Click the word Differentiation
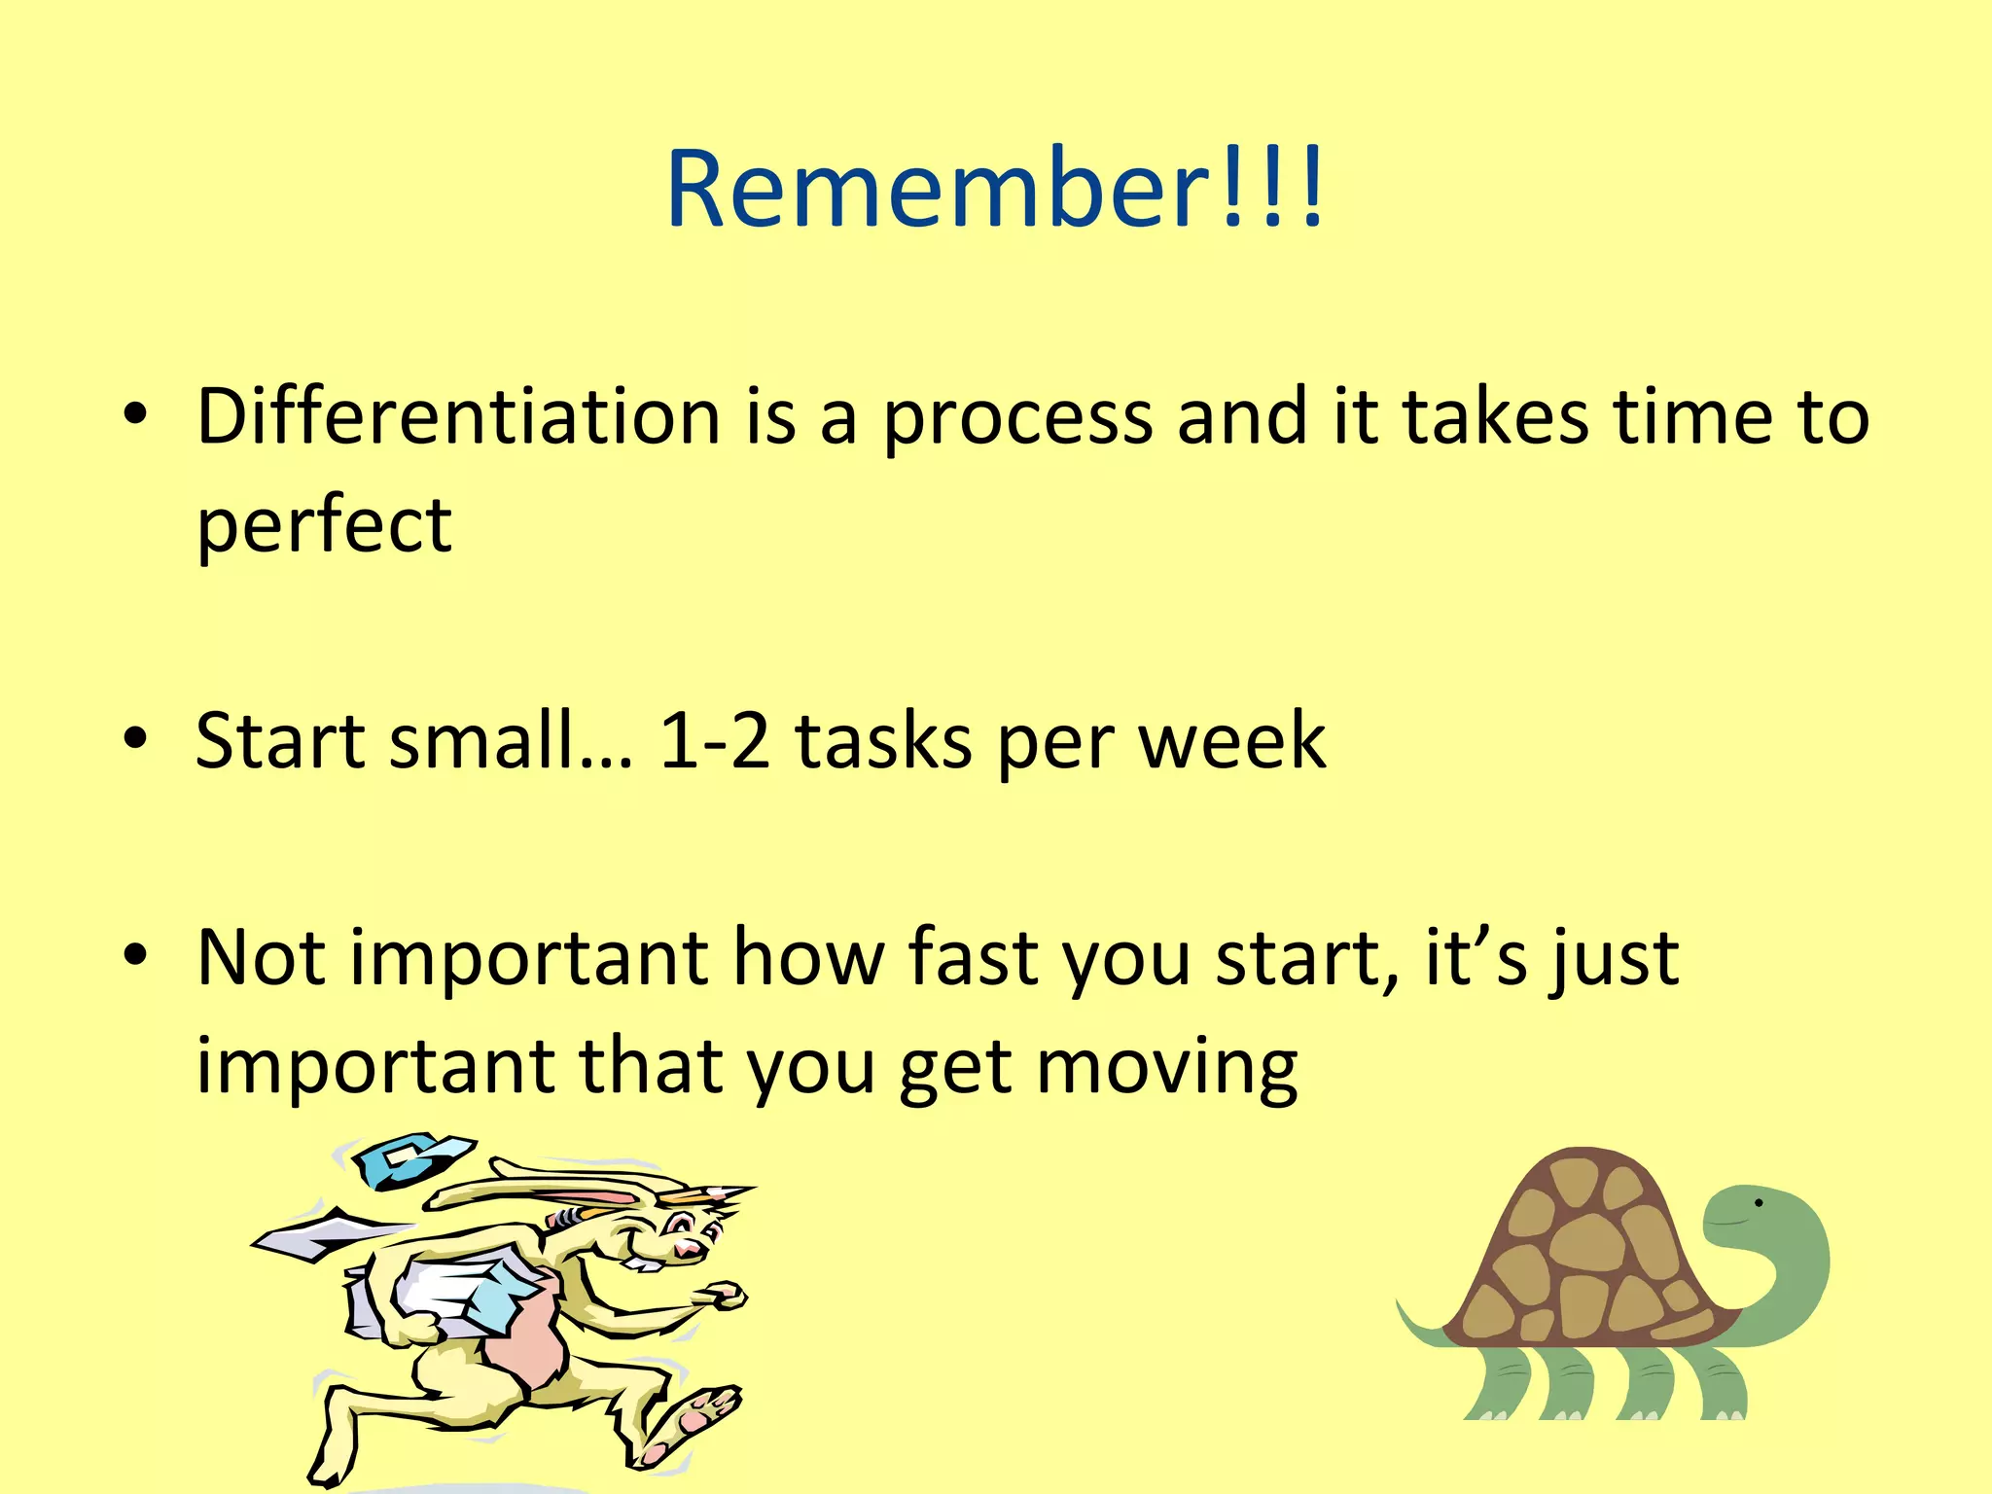tap(458, 416)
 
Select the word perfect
tap(324, 526)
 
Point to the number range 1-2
tap(715, 741)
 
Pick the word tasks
tap(883, 741)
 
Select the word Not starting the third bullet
tap(261, 958)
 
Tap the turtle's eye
tap(1759, 1203)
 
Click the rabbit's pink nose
tap(688, 1247)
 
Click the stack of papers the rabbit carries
tap(457, 1289)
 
